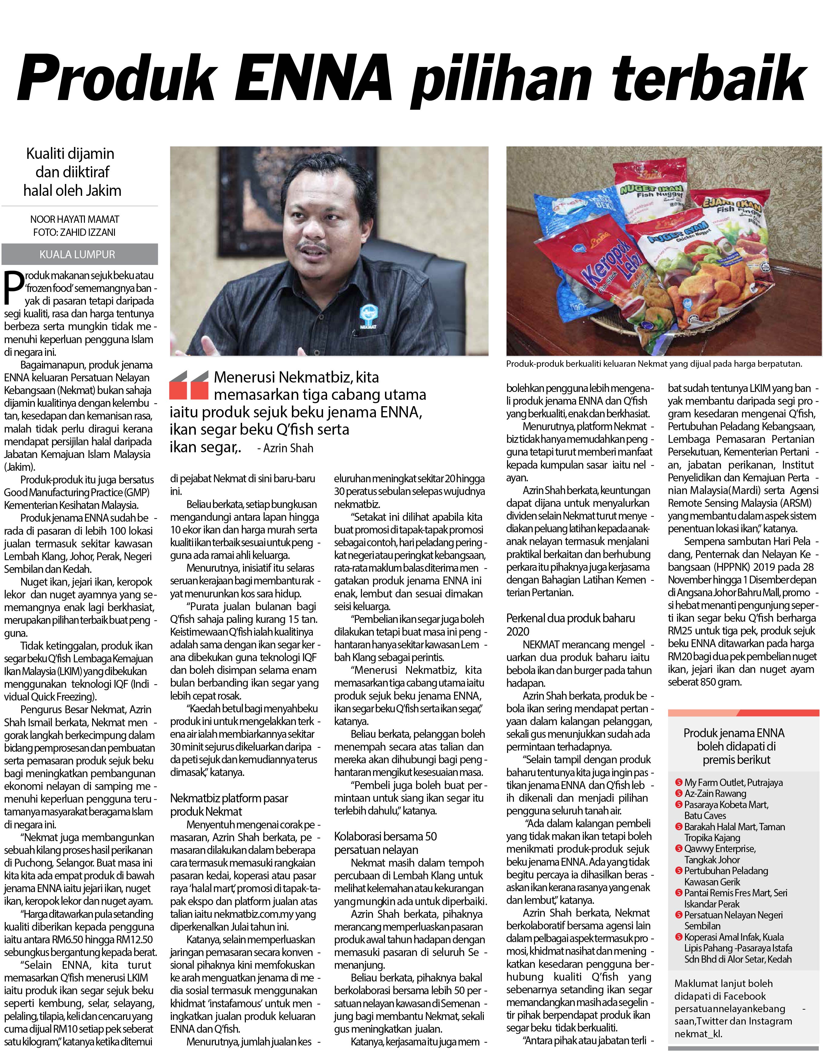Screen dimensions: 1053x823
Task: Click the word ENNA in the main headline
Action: pos(318,77)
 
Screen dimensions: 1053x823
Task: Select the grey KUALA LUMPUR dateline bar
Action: pos(79,254)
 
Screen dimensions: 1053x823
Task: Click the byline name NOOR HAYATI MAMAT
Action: pos(75,219)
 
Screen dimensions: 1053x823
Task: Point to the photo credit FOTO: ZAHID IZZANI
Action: pos(75,232)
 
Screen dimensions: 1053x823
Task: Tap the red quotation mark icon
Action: pos(189,385)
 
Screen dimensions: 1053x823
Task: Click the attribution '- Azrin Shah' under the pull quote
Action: pos(286,448)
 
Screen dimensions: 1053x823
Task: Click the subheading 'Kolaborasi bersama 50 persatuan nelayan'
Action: pos(385,843)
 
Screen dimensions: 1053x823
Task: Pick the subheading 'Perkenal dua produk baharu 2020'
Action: pos(570,624)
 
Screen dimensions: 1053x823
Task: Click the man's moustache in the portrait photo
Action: pos(314,247)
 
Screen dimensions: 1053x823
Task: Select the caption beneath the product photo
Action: pos(654,364)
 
